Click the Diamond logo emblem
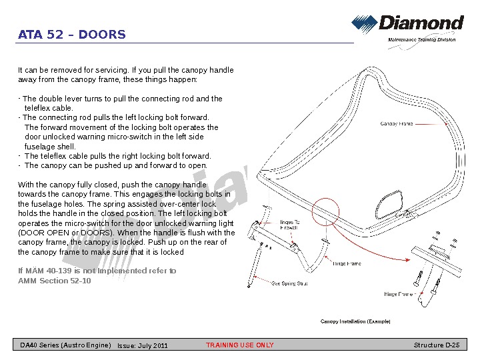click(364, 25)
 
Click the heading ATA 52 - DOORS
click(71, 35)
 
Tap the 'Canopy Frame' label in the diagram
click(396, 124)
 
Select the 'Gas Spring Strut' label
click(289, 283)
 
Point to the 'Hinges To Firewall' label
click(289, 225)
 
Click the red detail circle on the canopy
click(325, 213)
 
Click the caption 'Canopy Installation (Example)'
click(355, 321)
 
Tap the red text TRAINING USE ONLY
click(240, 345)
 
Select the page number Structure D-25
click(437, 345)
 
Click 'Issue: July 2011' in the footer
click(143, 345)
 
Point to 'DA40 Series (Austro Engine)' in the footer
click(65, 345)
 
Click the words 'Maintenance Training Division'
click(422, 40)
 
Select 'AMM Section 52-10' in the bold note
click(55, 281)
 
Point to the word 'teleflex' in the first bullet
click(38, 108)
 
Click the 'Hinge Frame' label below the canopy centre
click(347, 264)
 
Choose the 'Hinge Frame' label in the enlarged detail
click(399, 294)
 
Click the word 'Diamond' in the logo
click(421, 23)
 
